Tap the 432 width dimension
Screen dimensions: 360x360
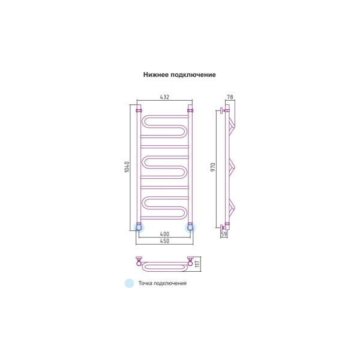point(164,97)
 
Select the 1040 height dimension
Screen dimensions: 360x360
point(127,167)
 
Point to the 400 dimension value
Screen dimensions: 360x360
point(164,234)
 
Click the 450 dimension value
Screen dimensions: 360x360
point(164,241)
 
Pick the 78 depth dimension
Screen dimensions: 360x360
point(230,97)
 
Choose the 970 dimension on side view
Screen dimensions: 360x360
point(213,167)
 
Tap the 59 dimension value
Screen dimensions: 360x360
point(224,234)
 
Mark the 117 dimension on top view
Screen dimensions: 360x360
point(197,264)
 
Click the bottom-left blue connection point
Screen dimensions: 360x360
point(139,227)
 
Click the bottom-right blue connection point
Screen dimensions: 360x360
point(190,227)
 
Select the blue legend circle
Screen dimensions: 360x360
point(129,283)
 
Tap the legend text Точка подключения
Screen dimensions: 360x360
point(163,283)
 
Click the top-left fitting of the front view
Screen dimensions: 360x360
point(139,110)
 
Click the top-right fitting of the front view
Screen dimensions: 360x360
point(190,110)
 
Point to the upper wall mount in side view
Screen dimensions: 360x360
point(224,110)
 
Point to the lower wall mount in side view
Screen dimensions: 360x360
point(224,227)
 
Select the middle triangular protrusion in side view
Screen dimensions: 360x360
point(232,166)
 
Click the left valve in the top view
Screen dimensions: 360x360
point(139,261)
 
